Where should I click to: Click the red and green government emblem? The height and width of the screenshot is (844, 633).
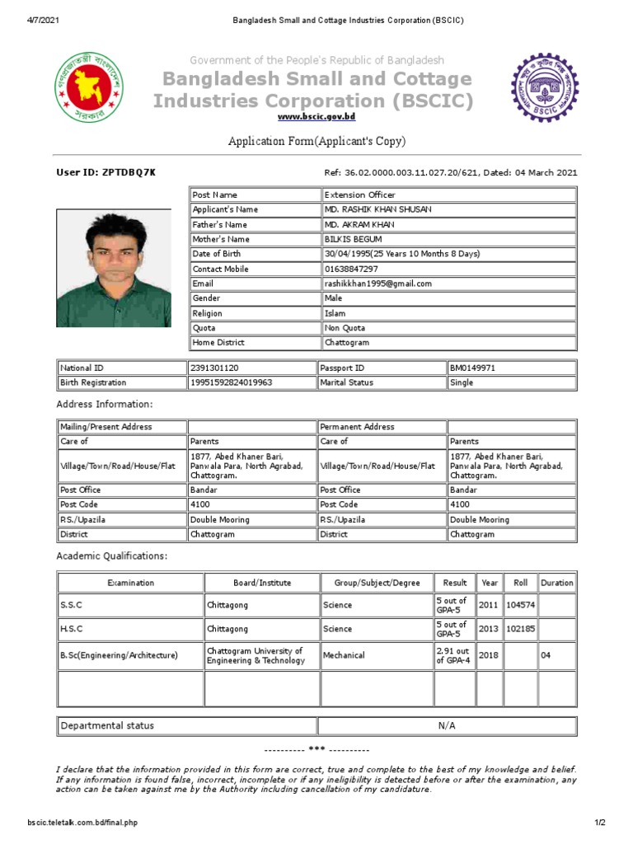(x=87, y=88)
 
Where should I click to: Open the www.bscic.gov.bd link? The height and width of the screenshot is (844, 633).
(x=316, y=118)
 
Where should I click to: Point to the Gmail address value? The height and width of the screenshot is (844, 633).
(x=378, y=284)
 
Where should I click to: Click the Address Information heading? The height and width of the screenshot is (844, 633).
(x=104, y=405)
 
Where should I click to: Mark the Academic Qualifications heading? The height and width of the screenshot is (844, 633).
(x=111, y=556)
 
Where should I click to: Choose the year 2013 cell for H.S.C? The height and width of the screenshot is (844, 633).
(x=489, y=629)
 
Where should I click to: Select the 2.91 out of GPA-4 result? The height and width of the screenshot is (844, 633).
(x=453, y=656)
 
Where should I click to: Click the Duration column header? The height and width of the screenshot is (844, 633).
(x=557, y=583)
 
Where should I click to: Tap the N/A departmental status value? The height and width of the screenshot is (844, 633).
(x=447, y=725)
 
